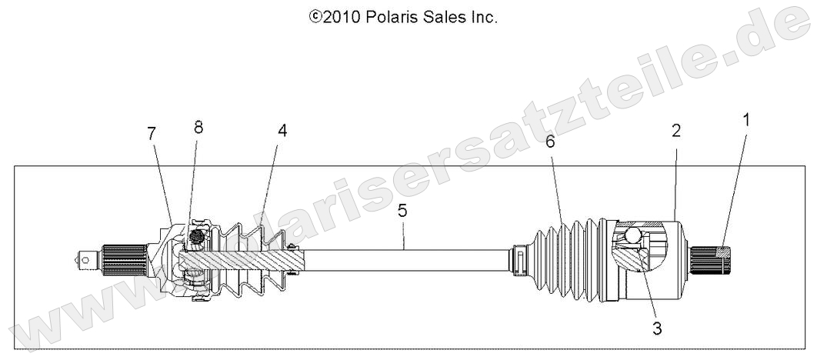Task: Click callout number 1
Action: (745, 119)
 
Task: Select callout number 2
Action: (676, 131)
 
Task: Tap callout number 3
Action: (656, 328)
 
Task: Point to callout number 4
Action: (282, 131)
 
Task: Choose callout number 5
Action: (402, 209)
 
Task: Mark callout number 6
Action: (550, 142)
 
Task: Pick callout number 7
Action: (152, 133)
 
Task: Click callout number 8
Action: (198, 128)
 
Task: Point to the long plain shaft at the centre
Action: (408, 258)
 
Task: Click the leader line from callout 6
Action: (557, 185)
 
